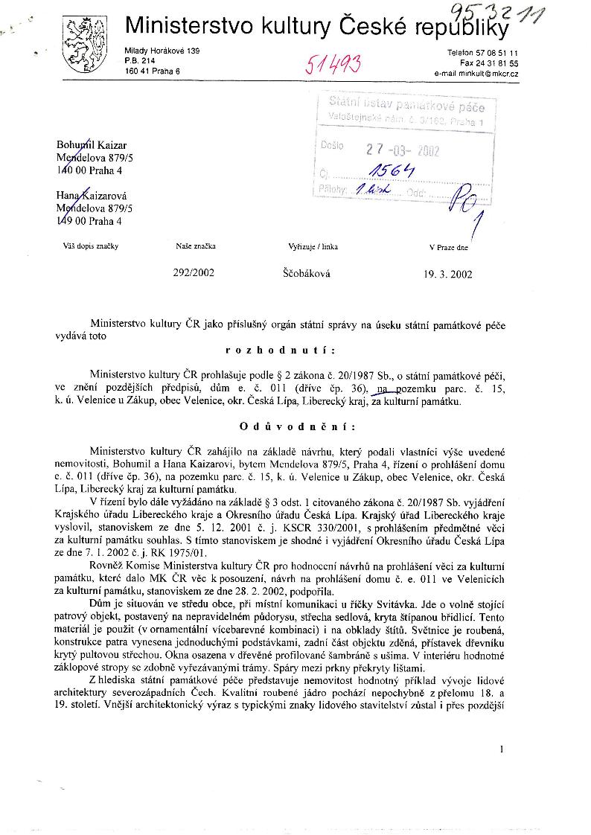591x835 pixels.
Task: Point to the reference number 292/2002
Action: [x=194, y=273]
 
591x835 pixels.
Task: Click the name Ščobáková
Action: [x=307, y=273]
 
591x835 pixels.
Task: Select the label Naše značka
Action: [x=196, y=246]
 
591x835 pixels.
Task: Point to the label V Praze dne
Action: [x=449, y=246]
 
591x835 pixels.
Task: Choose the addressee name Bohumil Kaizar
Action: [x=92, y=144]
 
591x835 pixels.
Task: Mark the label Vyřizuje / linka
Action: [x=310, y=246]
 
